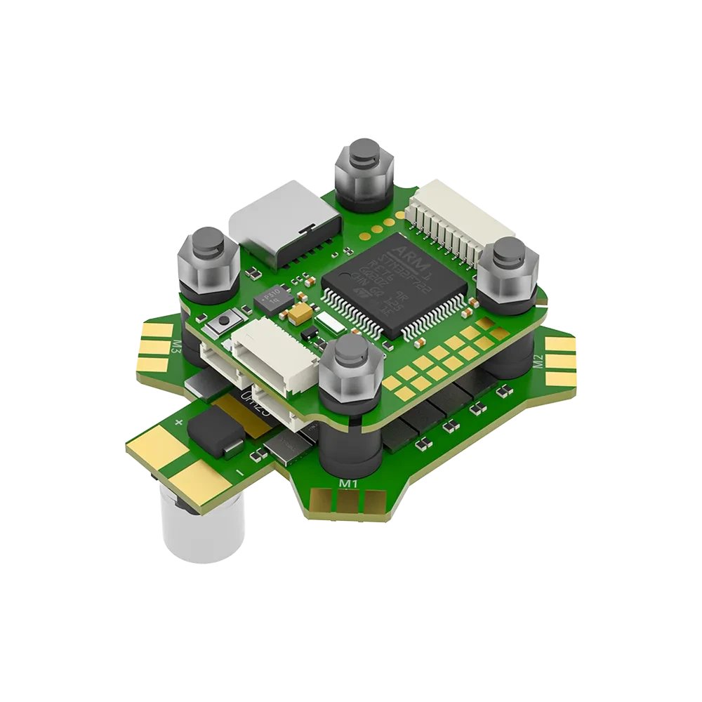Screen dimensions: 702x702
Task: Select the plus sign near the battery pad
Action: [x=179, y=423]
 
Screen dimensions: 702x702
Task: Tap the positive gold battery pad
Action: [x=151, y=449]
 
